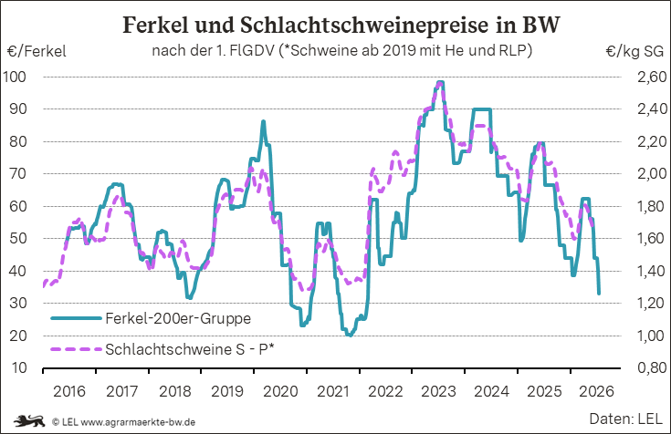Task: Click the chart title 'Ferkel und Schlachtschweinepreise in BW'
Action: click(341, 25)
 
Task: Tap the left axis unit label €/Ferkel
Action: click(37, 52)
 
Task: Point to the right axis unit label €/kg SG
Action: click(634, 52)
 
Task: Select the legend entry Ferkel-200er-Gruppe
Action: click(178, 318)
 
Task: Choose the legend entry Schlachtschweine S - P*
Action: click(190, 349)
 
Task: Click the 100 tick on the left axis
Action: click(15, 77)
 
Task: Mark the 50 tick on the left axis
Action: click(18, 238)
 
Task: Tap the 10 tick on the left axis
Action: click(19, 367)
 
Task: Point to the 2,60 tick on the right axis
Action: click(652, 77)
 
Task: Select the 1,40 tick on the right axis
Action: click(652, 271)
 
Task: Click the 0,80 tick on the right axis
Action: click(652, 367)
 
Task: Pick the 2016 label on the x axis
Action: click(69, 391)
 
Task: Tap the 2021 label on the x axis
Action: click(333, 391)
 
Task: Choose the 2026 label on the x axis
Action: click(596, 391)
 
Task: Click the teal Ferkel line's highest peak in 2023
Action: click(440, 82)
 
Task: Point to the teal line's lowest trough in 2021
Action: click(350, 336)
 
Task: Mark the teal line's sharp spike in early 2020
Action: click(263, 121)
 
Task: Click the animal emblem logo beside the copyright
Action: click(29, 421)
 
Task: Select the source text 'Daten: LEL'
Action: click(626, 419)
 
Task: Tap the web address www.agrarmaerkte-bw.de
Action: click(138, 422)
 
